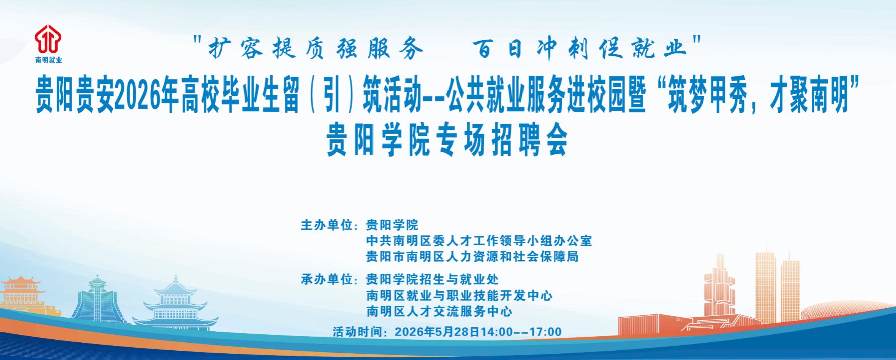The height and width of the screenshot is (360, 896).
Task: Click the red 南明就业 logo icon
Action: pyautogui.click(x=48, y=39)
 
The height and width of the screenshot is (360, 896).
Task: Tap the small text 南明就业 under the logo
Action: pyautogui.click(x=49, y=60)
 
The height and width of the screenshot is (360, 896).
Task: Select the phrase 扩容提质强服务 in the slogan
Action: pyautogui.click(x=316, y=48)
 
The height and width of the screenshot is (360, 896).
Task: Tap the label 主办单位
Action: pyautogui.click(x=327, y=225)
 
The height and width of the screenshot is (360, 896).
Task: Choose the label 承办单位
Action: pyautogui.click(x=327, y=279)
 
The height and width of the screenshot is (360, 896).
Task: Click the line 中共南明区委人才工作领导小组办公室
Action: pyautogui.click(x=479, y=241)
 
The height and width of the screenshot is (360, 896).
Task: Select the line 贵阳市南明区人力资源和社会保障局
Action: pyautogui.click(x=473, y=256)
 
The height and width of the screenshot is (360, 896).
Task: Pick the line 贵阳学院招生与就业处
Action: pyautogui.click(x=433, y=279)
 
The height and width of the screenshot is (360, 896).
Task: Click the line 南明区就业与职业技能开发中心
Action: pyautogui.click(x=460, y=296)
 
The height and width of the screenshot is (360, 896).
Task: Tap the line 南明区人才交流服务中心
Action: pyautogui.click(x=439, y=311)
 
